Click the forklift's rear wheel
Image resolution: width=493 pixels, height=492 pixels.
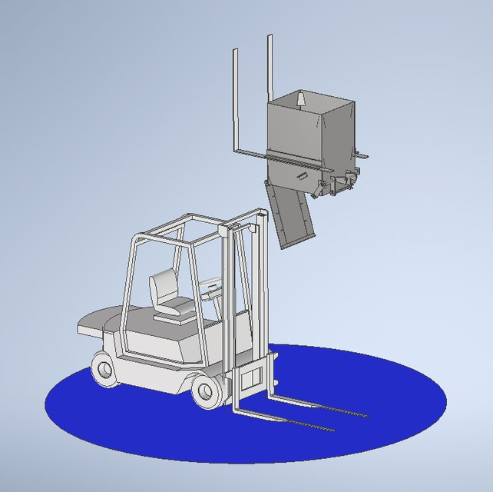(104, 369)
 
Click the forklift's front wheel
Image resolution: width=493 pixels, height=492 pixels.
(206, 391)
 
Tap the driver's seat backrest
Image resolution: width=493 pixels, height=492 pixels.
(162, 288)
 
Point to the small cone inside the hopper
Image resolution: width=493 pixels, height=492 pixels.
(301, 100)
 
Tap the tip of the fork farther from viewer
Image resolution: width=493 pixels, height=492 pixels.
(365, 416)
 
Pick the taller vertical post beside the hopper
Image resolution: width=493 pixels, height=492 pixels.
(270, 69)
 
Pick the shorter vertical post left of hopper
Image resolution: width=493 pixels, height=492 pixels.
(235, 96)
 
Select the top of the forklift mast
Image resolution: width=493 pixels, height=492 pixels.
(244, 223)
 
